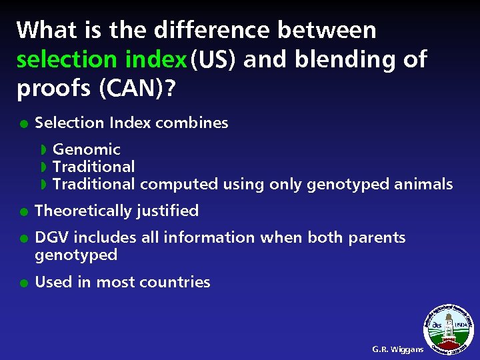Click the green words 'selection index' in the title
[101, 59]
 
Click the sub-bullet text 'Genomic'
[87, 149]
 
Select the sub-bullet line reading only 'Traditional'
[93, 167]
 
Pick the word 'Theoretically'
[83, 211]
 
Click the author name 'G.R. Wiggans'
[397, 349]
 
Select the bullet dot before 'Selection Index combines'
[23, 123]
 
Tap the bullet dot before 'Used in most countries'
[23, 283]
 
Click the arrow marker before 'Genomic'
[43, 149]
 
